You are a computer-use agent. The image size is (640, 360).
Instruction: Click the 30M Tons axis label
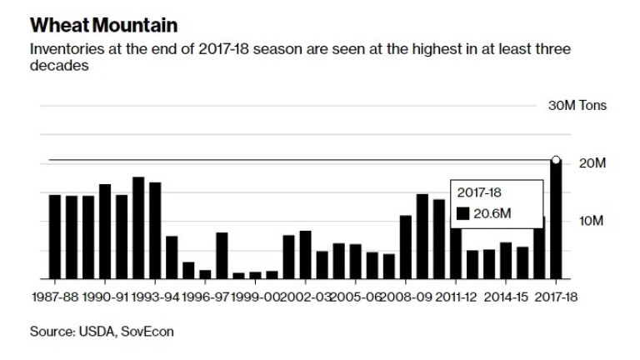[576, 106]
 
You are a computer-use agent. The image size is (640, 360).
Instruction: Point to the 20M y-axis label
[587, 163]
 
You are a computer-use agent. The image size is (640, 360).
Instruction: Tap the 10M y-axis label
[587, 221]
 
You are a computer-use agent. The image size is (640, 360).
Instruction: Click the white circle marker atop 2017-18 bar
[556, 159]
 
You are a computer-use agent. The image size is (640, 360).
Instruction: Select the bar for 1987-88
[55, 237]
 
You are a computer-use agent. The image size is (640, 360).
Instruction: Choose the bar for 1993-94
[155, 230]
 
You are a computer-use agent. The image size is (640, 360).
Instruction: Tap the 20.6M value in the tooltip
[492, 214]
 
